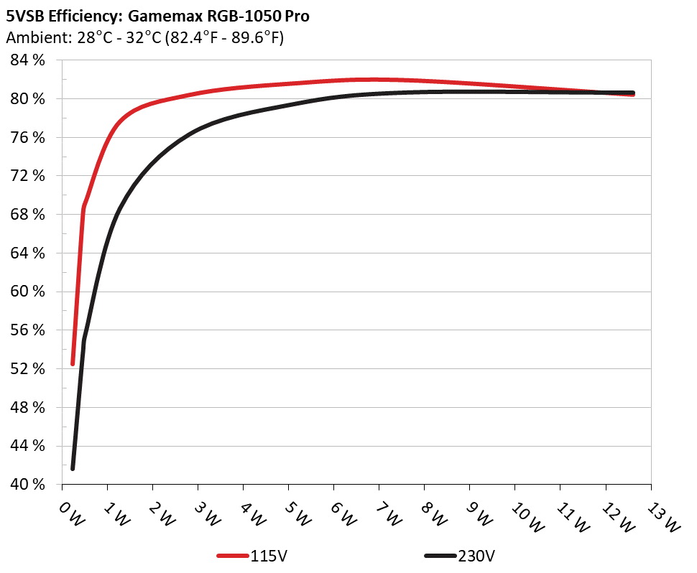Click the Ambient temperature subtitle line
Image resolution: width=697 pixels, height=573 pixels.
point(144,38)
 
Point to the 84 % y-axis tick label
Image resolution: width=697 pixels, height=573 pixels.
point(28,60)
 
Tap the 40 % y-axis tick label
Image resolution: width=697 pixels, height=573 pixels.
point(28,485)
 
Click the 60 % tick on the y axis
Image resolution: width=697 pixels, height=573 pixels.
point(28,292)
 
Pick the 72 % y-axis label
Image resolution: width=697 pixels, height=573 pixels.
point(28,176)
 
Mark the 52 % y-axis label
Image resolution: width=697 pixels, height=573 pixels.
point(28,369)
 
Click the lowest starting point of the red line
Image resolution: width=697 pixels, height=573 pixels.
point(73,363)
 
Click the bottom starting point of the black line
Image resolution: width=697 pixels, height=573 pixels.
point(73,468)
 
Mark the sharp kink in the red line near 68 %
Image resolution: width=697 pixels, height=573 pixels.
point(84,208)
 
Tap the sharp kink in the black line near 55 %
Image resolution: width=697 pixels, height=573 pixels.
point(84,340)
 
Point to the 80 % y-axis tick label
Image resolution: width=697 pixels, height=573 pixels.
point(28,98)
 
